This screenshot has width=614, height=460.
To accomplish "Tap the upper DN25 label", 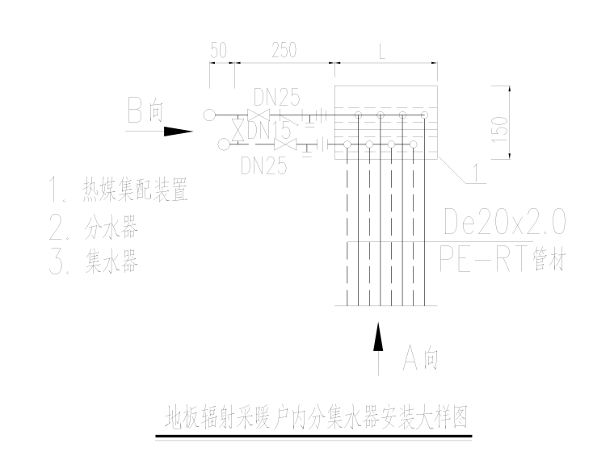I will (x=276, y=98).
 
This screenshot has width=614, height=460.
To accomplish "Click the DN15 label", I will (x=271, y=129).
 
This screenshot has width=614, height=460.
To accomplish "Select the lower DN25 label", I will (x=264, y=165).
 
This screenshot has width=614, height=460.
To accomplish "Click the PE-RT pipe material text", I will (x=500, y=260).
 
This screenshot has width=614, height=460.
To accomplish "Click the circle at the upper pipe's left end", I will (x=209, y=115).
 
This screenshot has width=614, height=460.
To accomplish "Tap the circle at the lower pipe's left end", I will (x=223, y=144).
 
